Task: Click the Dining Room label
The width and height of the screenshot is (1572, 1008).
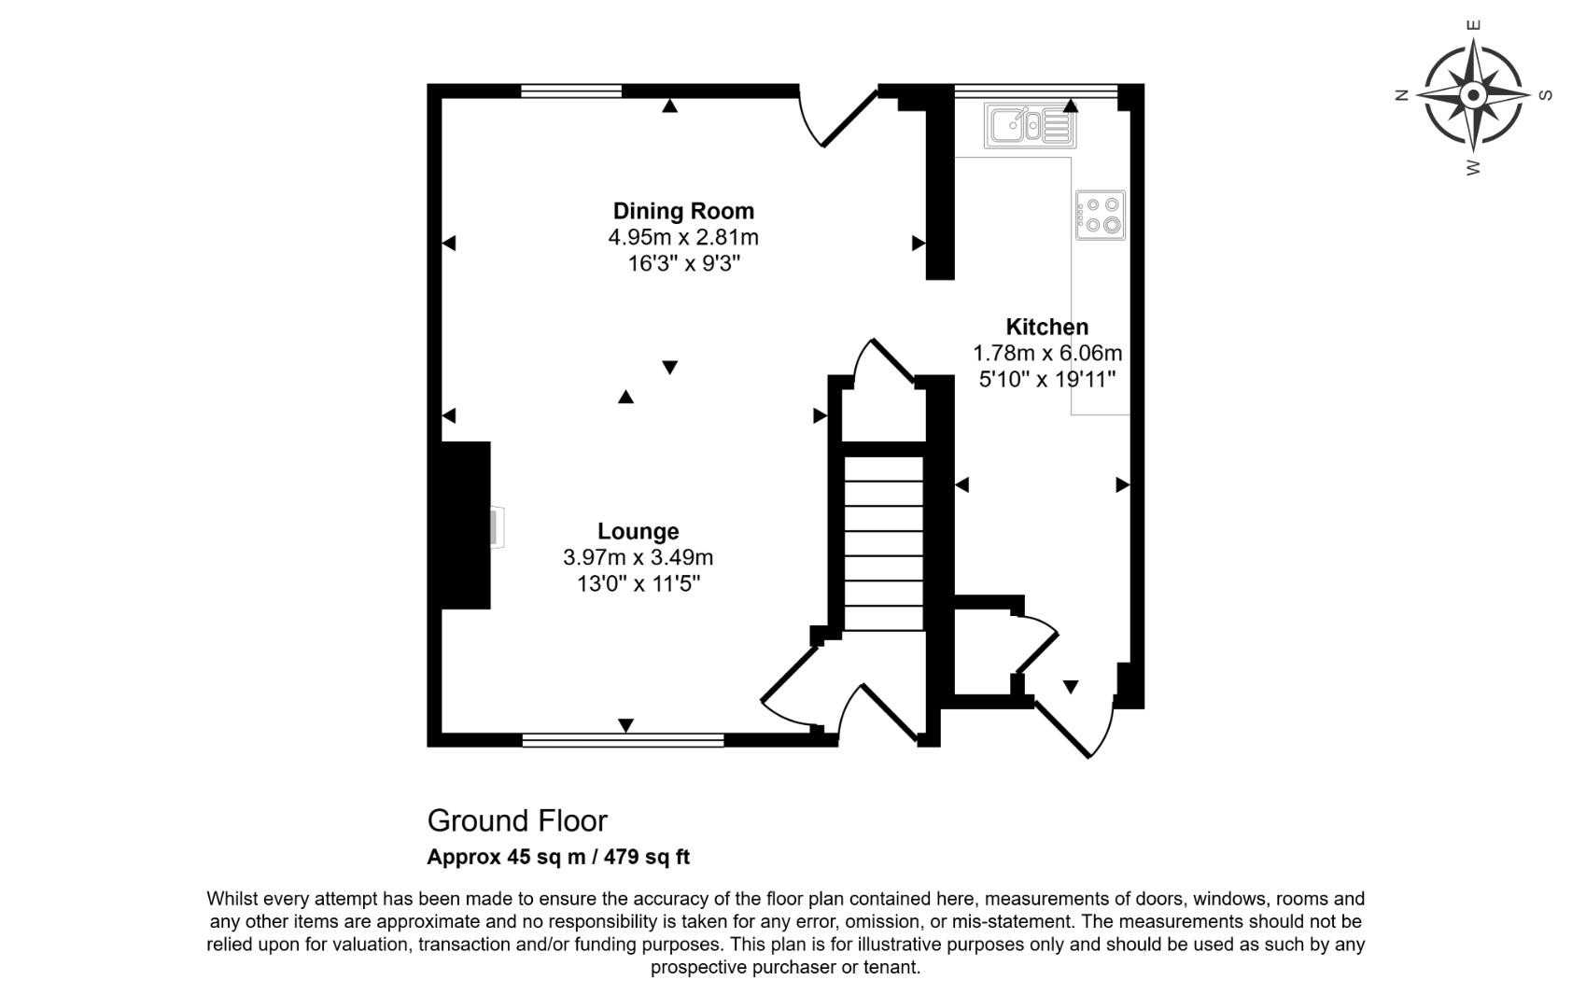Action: point(682,211)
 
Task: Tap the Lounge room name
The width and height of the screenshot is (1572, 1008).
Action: point(638,531)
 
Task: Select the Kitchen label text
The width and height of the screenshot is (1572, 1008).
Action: point(1046,327)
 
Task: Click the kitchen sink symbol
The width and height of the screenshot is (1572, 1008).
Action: point(1030,125)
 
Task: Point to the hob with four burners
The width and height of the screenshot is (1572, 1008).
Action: point(1101,215)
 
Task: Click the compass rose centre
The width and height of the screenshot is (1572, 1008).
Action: point(1473,95)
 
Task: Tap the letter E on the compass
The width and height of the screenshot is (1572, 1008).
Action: point(1474,25)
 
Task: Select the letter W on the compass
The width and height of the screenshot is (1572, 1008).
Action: point(1473,168)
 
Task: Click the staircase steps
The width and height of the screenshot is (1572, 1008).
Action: point(883,541)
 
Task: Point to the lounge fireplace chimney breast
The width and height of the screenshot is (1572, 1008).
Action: point(465,525)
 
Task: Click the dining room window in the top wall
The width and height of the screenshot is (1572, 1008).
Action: point(570,91)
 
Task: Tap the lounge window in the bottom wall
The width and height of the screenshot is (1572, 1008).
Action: point(623,740)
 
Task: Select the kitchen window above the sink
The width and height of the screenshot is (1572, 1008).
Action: point(1035,91)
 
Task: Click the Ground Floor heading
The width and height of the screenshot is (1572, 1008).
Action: point(517,820)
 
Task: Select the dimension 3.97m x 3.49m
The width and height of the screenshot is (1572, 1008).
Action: point(638,558)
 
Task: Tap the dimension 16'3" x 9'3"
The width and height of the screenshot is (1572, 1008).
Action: point(683,263)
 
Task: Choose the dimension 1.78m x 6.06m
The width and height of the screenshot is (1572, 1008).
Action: point(1046,354)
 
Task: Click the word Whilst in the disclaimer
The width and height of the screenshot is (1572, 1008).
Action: point(232,899)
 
